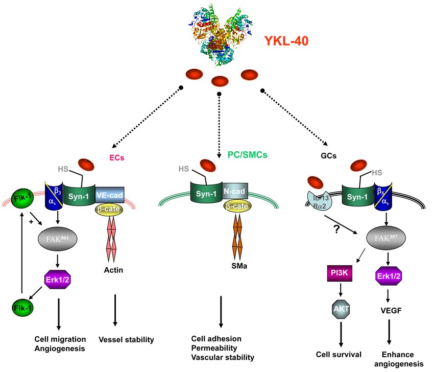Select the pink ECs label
(117, 158)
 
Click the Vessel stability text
(126, 339)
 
